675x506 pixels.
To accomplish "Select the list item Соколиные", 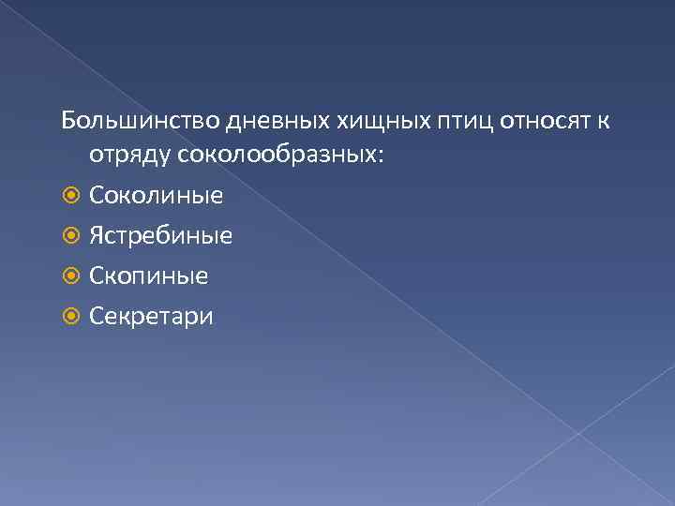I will pyautogui.click(x=156, y=196).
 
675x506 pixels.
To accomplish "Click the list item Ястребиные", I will pyautogui.click(x=160, y=236).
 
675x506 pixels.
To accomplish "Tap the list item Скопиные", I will pyautogui.click(x=149, y=276).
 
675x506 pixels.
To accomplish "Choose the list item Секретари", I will pyautogui.click(x=152, y=317).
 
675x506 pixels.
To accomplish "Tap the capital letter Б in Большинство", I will pyautogui.click(x=68, y=121).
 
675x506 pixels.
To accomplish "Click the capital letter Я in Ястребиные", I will pyautogui.click(x=97, y=236).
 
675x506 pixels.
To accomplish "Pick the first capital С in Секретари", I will pyautogui.click(x=97, y=317).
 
